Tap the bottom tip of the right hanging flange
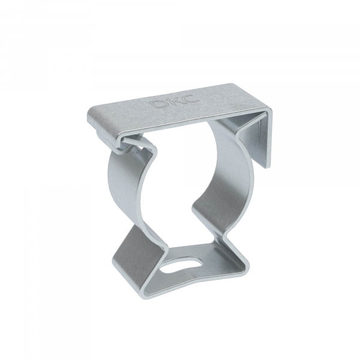point(268,167)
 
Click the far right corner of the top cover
point(271,110)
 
